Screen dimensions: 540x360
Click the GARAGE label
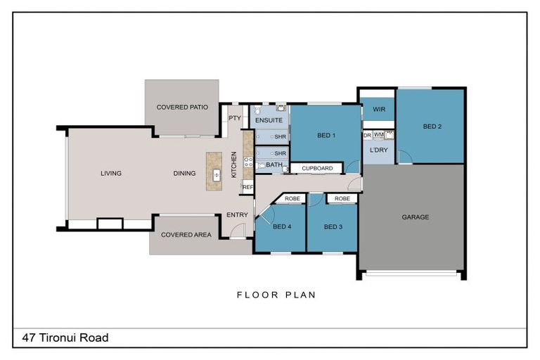pyautogui.click(x=416, y=217)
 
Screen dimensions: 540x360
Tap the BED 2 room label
pyautogui.click(x=432, y=127)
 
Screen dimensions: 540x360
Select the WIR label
pyautogui.click(x=379, y=109)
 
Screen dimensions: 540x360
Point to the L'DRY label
pyautogui.click(x=378, y=150)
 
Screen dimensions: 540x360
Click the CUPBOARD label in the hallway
pyautogui.click(x=317, y=168)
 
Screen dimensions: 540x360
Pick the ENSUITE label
pyautogui.click(x=269, y=120)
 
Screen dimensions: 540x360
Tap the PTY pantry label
pyautogui.click(x=235, y=118)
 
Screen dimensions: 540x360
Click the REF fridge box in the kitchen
pyautogui.click(x=247, y=187)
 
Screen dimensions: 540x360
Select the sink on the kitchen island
pyautogui.click(x=217, y=175)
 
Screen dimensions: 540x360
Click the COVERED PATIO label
pyautogui.click(x=182, y=107)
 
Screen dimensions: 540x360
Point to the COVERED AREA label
pyautogui.click(x=186, y=235)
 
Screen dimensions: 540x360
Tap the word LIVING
pyautogui.click(x=111, y=173)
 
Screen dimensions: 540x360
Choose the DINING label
pyautogui.click(x=185, y=173)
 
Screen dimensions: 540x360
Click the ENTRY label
pyautogui.click(x=237, y=214)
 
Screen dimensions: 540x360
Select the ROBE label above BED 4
pyautogui.click(x=292, y=198)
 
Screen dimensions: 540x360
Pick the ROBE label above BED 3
pyautogui.click(x=342, y=198)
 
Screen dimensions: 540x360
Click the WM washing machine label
pyautogui.click(x=378, y=135)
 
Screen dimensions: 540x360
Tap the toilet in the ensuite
pyautogui.click(x=258, y=110)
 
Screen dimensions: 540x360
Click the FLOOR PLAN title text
pyautogui.click(x=276, y=295)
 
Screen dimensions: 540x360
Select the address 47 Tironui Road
pyautogui.click(x=65, y=337)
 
